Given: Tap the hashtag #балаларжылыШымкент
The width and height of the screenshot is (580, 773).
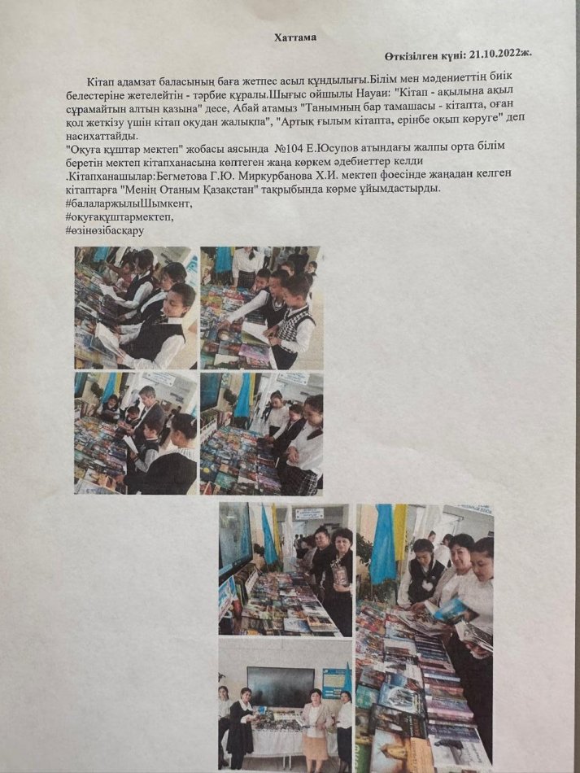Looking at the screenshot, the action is [x=129, y=203].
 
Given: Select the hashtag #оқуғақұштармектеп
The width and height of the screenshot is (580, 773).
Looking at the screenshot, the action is [x=120, y=216].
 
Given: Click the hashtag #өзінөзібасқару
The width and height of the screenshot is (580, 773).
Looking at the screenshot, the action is [x=104, y=229].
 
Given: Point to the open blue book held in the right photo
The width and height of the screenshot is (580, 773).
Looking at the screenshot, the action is [x=450, y=609].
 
